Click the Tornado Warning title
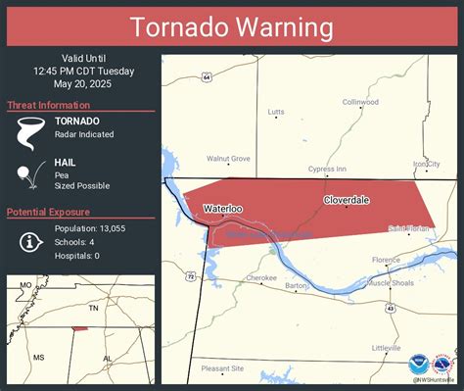[231, 25]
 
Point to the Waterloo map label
[221, 208]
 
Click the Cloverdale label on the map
[347, 200]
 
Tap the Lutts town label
[276, 113]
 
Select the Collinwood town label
[360, 102]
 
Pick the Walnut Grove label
[228, 158]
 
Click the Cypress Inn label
[327, 169]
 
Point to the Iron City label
[427, 164]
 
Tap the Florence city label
[386, 260]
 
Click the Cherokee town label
[261, 277]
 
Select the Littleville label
[386, 348]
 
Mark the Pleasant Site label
[222, 368]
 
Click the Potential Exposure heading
[49, 213]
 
